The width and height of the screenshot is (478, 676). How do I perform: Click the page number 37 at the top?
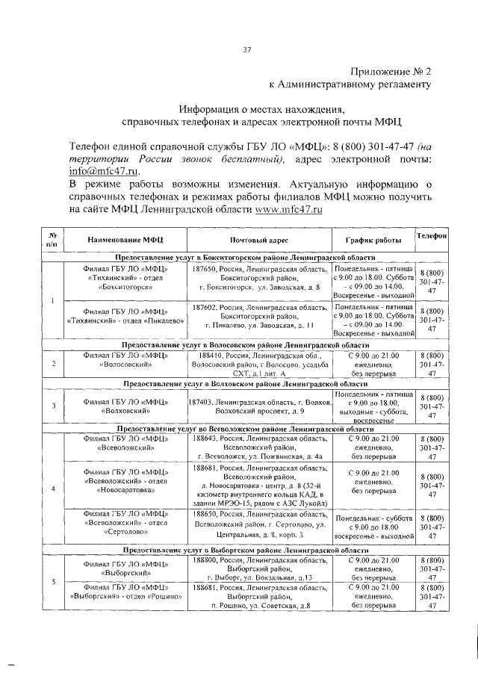pos(246,50)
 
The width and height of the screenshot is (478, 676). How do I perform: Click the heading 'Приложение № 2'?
pos(391,71)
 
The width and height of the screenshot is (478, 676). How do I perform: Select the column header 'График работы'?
pos(372,241)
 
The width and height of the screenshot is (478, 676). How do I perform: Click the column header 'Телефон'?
pos(432,235)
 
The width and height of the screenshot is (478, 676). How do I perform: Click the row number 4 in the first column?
pos(52,489)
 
